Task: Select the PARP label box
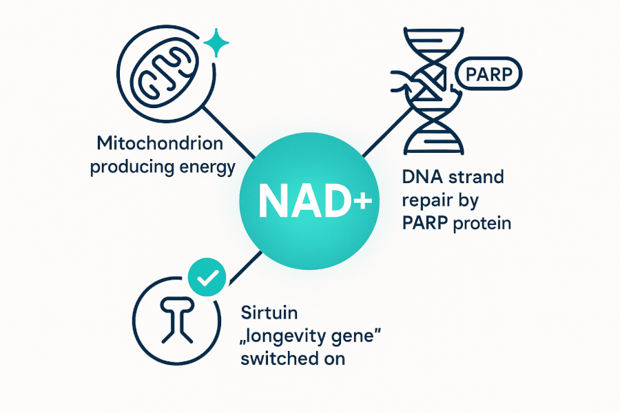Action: pos(488,74)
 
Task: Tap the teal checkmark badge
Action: pos(207,277)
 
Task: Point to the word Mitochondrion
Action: pos(160,145)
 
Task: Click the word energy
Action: pos(205,167)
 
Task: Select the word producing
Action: pos(129,167)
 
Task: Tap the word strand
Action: pos(478,177)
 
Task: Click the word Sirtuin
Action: pos(269,313)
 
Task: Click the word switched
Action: pos(275,359)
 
